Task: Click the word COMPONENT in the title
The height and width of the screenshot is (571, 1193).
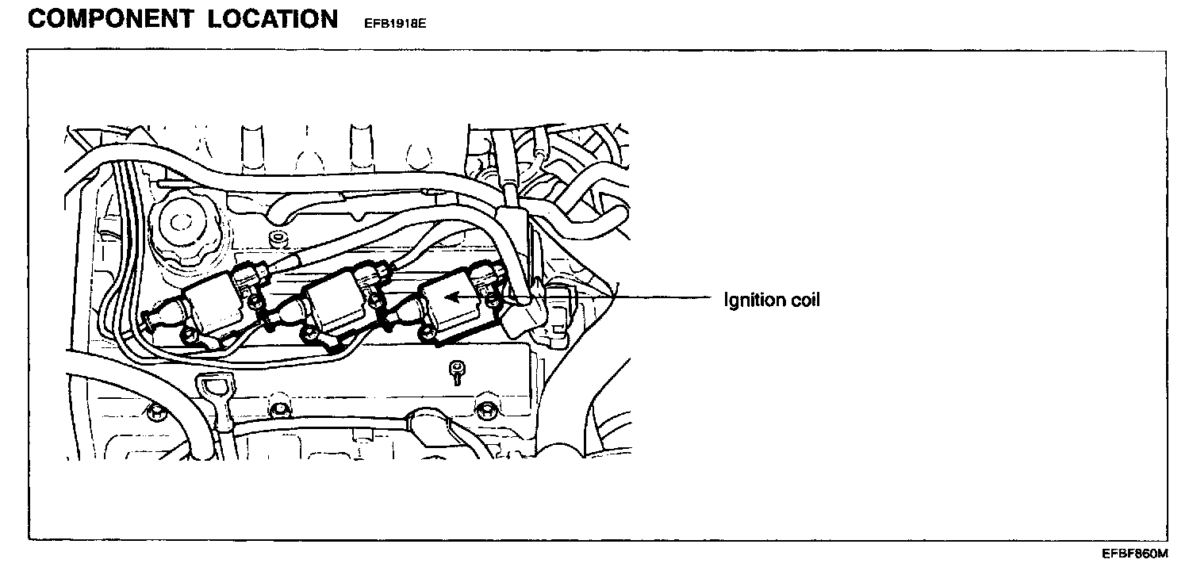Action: click(x=109, y=19)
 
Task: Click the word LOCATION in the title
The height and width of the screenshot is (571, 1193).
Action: click(x=274, y=19)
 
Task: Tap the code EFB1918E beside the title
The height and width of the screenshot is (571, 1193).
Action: click(x=394, y=24)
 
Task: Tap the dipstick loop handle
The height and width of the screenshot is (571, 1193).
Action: click(x=214, y=389)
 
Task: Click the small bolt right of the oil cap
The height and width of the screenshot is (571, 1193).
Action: click(x=276, y=237)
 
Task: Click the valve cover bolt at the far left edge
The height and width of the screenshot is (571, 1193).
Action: click(x=155, y=410)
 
